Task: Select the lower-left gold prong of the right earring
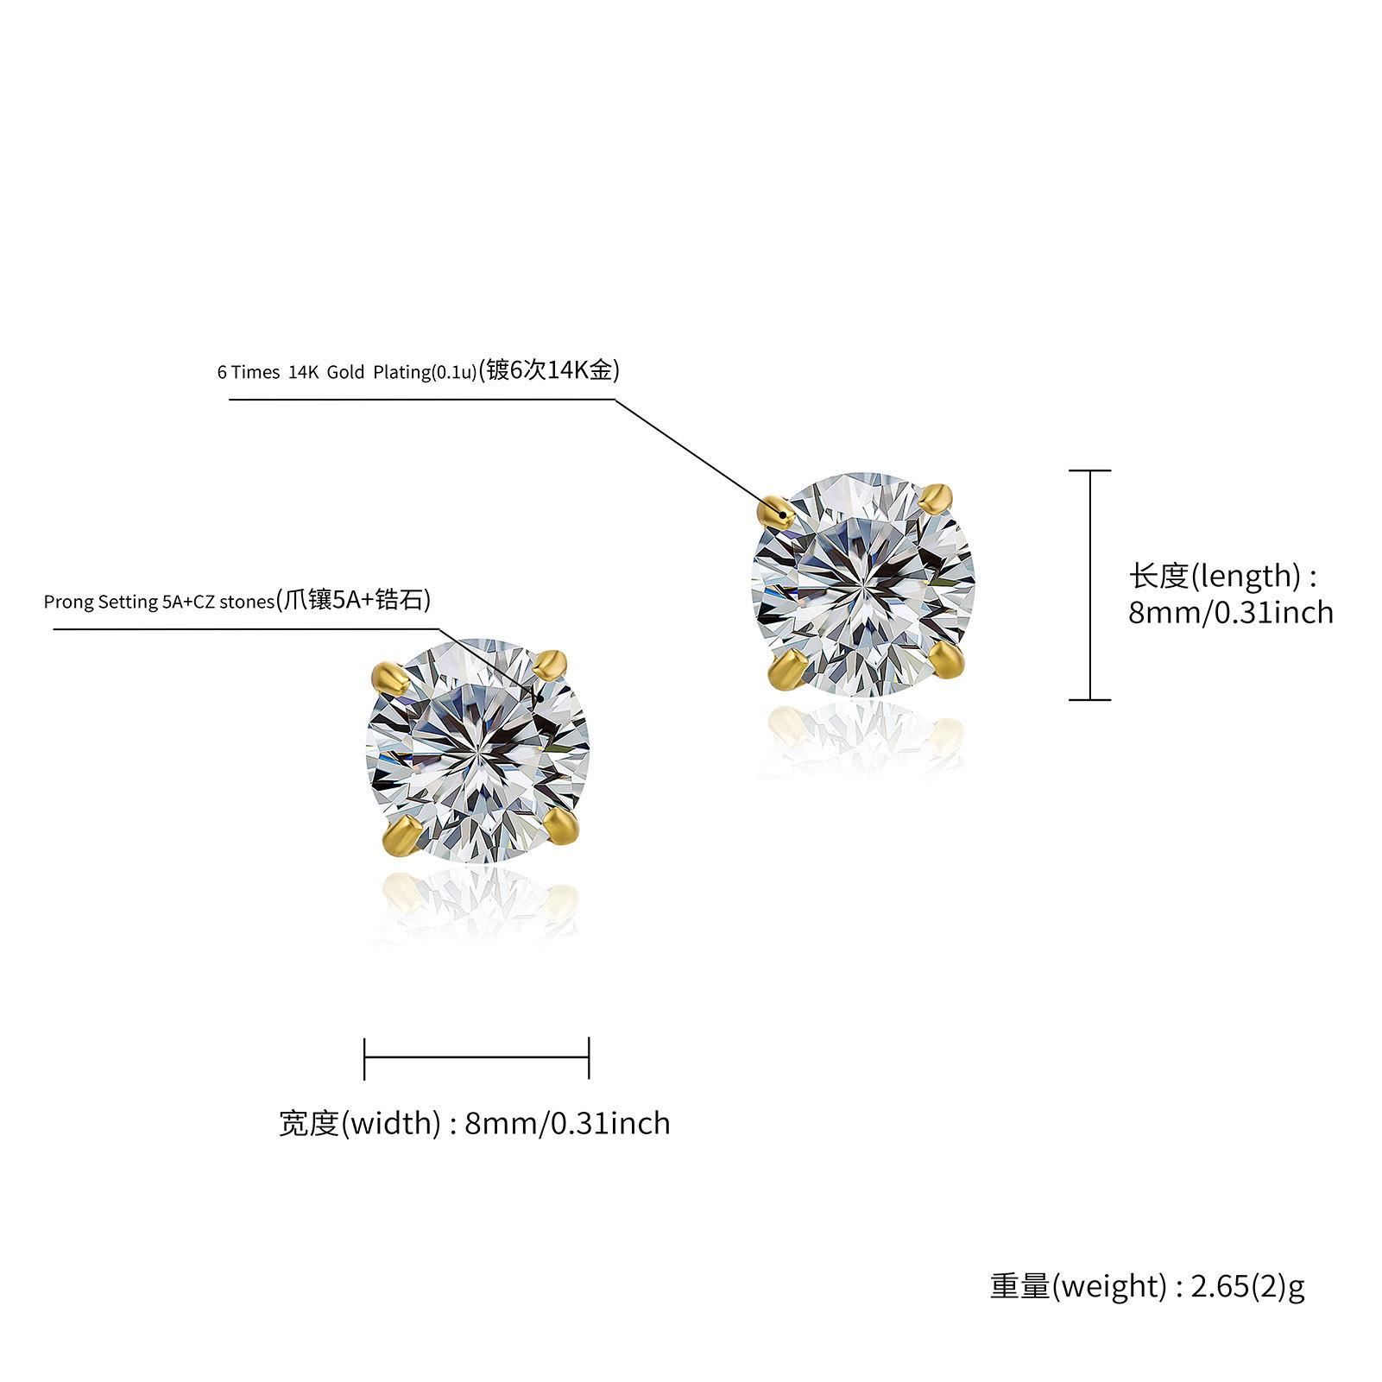787,670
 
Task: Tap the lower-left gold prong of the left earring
400,836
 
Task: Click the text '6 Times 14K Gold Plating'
346,373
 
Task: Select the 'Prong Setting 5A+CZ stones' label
159,602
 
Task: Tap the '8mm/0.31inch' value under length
1230,613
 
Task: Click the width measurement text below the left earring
474,1123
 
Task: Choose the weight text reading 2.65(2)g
1147,1285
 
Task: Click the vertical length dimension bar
1089,585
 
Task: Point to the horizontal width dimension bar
476,1057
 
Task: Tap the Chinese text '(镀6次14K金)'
549,371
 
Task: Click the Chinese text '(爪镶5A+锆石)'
352,600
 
